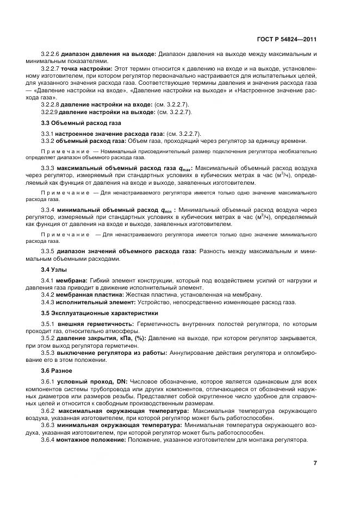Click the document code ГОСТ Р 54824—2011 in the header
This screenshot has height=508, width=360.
[x=287, y=39]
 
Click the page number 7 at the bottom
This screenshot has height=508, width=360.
[x=315, y=463]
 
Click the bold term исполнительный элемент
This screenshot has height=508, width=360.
[x=94, y=302]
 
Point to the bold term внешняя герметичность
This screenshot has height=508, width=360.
[x=95, y=323]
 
